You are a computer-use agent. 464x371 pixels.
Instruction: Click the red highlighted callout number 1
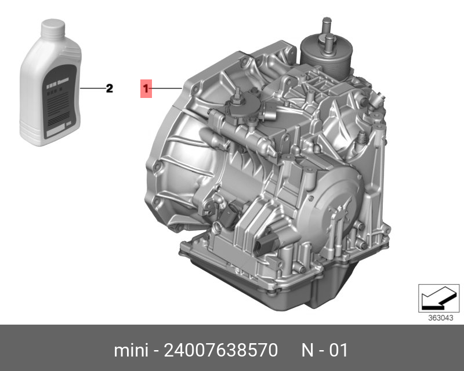click(146, 89)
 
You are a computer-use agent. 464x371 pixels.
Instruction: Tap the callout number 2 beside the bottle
click(110, 89)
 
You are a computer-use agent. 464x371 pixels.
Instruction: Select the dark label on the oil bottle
click(59, 102)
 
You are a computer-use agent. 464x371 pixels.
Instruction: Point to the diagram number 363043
click(441, 318)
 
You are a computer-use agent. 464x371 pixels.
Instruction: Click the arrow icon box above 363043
click(439, 298)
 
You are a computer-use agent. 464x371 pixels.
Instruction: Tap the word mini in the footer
click(131, 350)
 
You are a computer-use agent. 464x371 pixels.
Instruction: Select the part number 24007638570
click(221, 350)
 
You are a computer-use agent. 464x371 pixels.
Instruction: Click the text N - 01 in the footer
click(325, 350)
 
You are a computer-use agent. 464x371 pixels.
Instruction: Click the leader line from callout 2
click(93, 88)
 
